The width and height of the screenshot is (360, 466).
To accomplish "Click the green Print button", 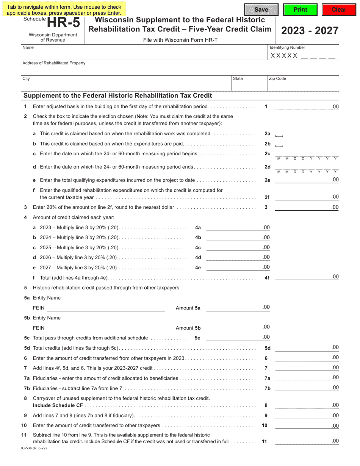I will pos(300,9).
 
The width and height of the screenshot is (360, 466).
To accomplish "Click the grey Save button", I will pos(261,9).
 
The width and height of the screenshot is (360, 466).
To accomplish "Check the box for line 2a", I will pos(279,134).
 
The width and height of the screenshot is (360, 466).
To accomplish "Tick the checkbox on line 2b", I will pos(279,145).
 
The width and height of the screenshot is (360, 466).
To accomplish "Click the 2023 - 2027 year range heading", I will pos(310,31).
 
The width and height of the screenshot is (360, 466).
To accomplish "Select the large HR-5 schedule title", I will pos(64,23).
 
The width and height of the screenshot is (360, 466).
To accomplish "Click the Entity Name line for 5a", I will pos(167,298).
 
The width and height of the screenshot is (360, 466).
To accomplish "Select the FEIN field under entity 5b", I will pos(106,328).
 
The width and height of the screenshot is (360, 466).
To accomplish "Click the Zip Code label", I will pos(277,79).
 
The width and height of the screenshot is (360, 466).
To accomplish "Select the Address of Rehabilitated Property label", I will pos(54,63).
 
